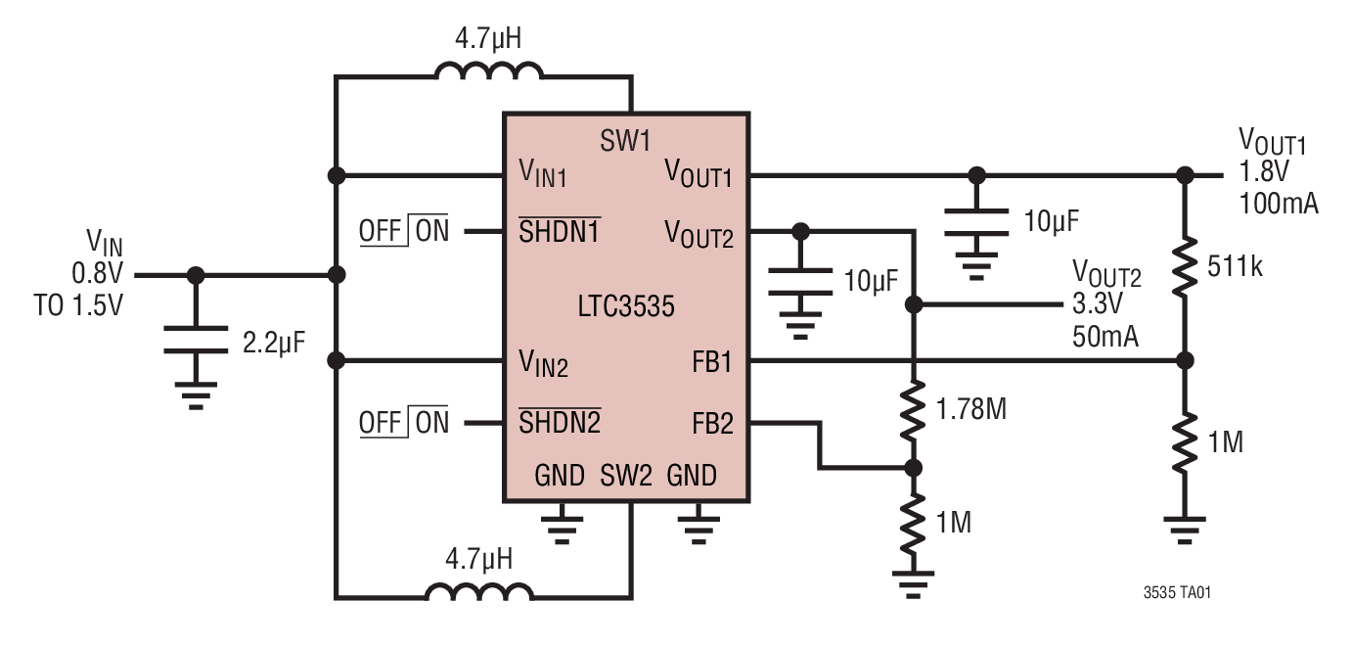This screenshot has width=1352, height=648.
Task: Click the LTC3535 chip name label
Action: tap(625, 306)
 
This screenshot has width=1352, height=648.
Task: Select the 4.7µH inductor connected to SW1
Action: tap(487, 74)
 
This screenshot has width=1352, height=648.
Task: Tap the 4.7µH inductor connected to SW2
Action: tap(479, 593)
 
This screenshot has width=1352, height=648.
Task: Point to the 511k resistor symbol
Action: tap(1185, 265)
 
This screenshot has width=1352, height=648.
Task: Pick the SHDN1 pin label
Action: tap(559, 232)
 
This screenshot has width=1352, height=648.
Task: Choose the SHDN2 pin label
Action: tap(560, 423)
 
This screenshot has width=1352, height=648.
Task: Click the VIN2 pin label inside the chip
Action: tap(543, 364)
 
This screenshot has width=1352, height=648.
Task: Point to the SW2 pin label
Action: tap(626, 477)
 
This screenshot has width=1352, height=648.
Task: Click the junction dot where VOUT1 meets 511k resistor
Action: tap(1185, 176)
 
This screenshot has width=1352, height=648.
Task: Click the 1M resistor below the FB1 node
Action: tap(1185, 443)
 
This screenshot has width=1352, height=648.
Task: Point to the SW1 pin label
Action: tap(625, 141)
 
